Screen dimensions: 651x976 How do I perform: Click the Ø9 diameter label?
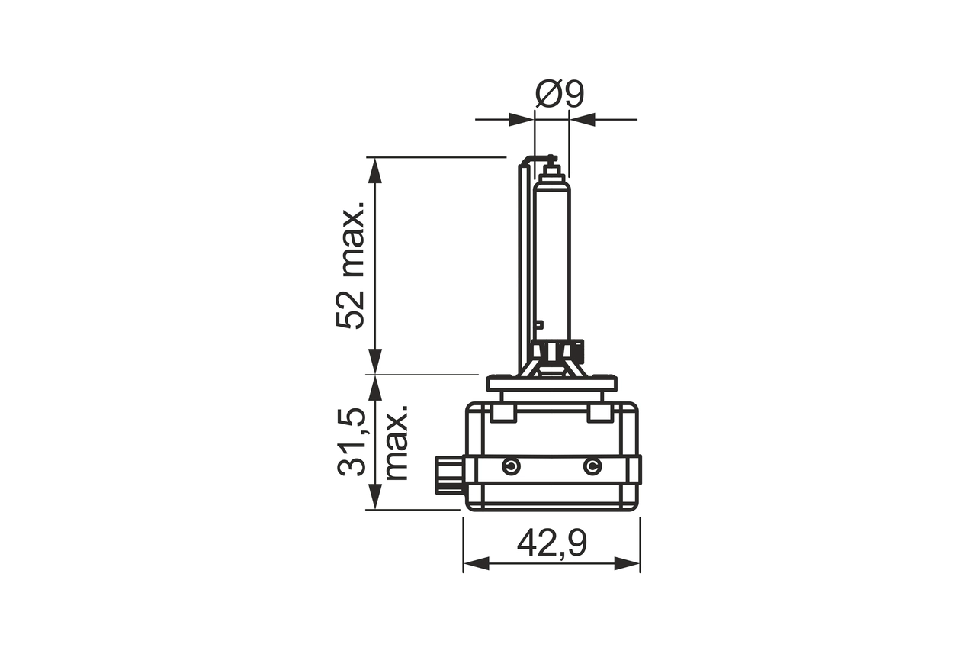click(559, 94)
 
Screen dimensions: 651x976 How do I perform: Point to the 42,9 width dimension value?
click(551, 543)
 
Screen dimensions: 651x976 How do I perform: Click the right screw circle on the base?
click(592, 466)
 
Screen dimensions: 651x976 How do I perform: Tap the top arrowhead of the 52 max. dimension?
click(374, 169)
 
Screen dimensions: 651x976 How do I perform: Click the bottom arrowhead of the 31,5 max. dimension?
click(374, 498)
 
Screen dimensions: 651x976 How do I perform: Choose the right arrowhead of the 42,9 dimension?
click(628, 563)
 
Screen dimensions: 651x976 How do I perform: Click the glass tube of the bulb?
click(552, 259)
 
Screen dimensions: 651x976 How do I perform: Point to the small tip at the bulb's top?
click(551, 162)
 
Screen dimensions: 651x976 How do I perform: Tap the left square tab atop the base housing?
click(502, 413)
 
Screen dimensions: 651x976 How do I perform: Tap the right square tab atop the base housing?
click(600, 413)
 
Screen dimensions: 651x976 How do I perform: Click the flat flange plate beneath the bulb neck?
click(551, 383)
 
